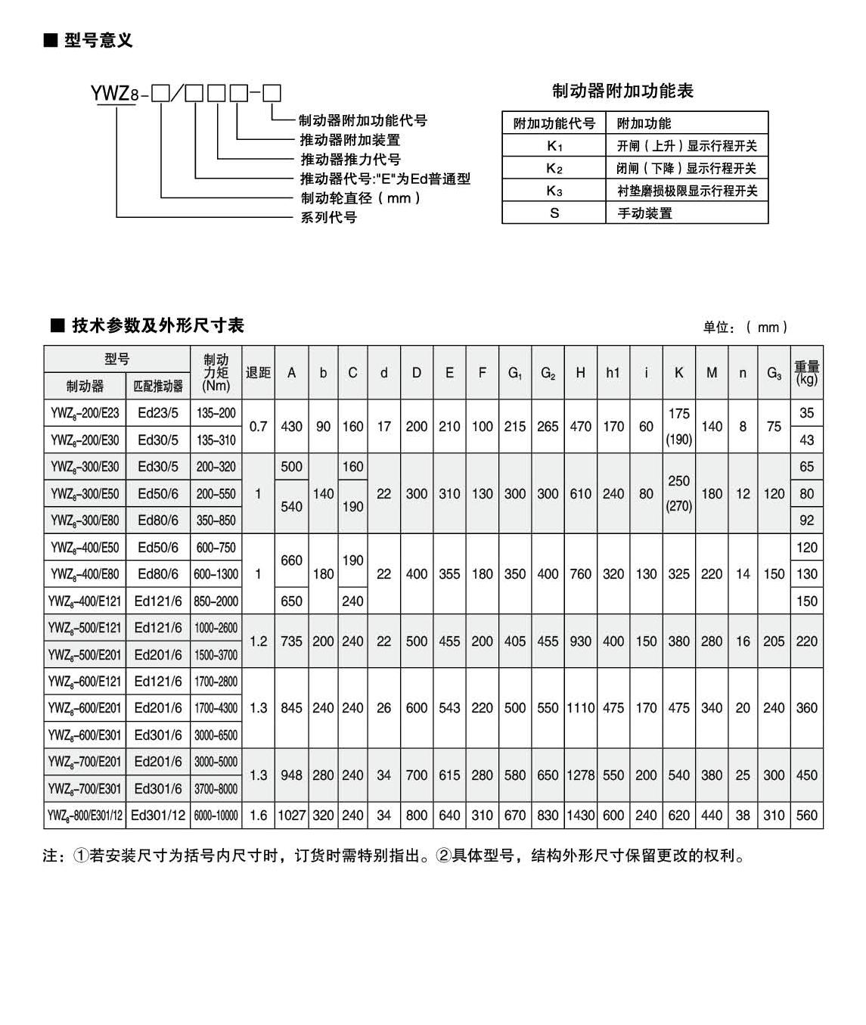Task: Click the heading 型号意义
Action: click(98, 40)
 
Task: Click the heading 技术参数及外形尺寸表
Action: click(157, 325)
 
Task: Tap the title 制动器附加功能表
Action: click(622, 91)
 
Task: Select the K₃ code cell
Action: click(554, 191)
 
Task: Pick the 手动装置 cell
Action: click(644, 213)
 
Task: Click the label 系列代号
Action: click(329, 217)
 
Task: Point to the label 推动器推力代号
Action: click(351, 159)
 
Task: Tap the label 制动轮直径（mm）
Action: click(361, 198)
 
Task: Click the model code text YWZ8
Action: click(114, 94)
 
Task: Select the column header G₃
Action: click(774, 372)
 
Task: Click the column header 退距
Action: click(258, 372)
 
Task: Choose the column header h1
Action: click(613, 372)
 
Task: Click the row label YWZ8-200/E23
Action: click(85, 413)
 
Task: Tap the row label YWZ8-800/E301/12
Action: click(85, 815)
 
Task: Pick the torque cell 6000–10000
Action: click(216, 815)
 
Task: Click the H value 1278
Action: click(580, 775)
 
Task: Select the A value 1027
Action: click(291, 815)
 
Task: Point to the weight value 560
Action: click(807, 815)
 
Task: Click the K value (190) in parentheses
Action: click(678, 440)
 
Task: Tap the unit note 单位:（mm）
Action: click(746, 327)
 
